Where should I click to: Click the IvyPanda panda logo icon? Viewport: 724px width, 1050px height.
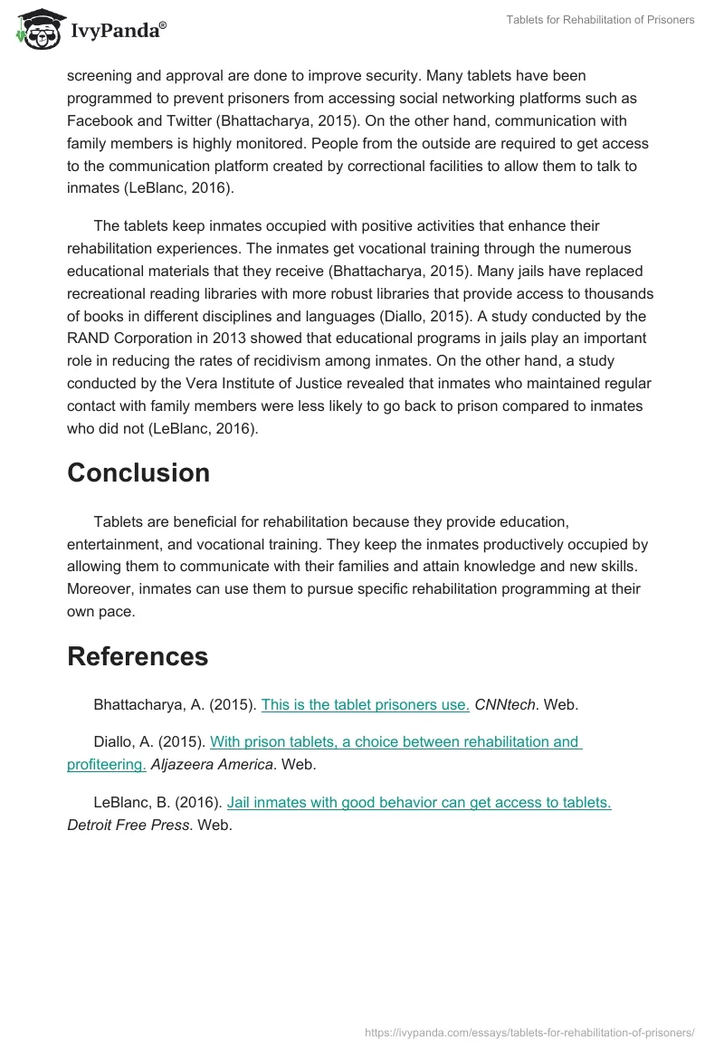[37, 30]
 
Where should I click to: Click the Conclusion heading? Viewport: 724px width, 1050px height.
[138, 473]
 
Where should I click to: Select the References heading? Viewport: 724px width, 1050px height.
[138, 656]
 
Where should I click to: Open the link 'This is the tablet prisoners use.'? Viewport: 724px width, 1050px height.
[365, 705]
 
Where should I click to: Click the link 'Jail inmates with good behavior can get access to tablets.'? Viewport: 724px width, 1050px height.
[419, 803]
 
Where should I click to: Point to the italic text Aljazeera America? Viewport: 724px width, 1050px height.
[212, 765]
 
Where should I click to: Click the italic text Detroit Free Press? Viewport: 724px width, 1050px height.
[129, 826]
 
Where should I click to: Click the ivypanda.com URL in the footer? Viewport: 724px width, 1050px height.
[529, 1031]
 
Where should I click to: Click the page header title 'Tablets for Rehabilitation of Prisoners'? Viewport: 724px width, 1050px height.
[601, 20]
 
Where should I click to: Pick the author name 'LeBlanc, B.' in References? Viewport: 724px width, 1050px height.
[130, 803]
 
